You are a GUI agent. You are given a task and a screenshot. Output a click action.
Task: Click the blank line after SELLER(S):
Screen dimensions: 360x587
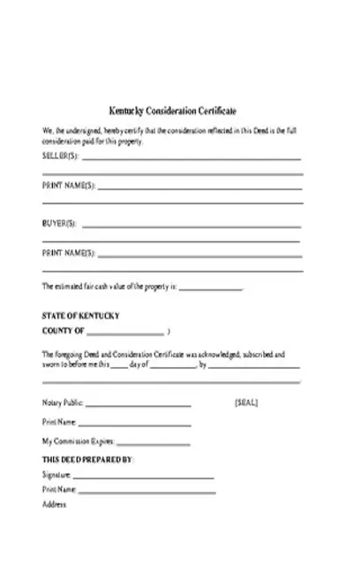pyautogui.click(x=191, y=159)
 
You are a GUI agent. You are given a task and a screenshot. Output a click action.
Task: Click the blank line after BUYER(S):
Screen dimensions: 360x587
pyautogui.click(x=191, y=226)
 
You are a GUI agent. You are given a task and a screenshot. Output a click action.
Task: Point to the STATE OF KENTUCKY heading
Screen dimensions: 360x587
pyautogui.click(x=81, y=315)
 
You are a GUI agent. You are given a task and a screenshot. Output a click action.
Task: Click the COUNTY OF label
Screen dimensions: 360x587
pyautogui.click(x=64, y=331)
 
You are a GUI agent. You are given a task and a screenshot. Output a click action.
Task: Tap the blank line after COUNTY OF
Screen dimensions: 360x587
pyautogui.click(x=125, y=334)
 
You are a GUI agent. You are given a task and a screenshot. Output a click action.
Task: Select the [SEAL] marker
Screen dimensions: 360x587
pyautogui.click(x=246, y=403)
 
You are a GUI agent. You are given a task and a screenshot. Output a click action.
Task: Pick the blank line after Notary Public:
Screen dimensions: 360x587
pyautogui.click(x=139, y=406)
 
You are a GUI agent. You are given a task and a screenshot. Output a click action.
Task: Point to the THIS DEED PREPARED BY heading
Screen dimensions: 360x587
pyautogui.click(x=87, y=460)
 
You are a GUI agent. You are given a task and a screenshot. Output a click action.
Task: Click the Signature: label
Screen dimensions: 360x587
pyautogui.click(x=56, y=475)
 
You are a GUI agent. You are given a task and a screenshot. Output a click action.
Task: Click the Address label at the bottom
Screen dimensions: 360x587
pyautogui.click(x=55, y=504)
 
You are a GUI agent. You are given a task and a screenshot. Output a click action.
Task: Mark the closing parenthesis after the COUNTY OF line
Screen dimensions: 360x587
pyautogui.click(x=169, y=331)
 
